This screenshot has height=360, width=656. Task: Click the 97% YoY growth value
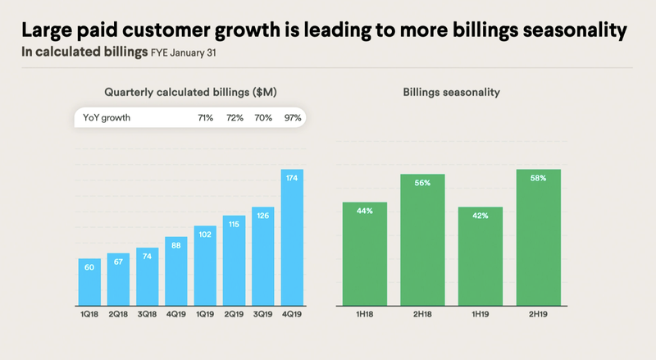(293, 118)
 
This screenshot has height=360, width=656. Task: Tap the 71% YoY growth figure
(205, 118)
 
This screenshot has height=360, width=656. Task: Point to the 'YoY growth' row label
(107, 118)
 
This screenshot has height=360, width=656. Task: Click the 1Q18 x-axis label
(89, 314)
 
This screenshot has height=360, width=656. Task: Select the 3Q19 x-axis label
(263, 314)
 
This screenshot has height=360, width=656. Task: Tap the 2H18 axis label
(422, 314)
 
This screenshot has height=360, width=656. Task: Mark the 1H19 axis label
(480, 314)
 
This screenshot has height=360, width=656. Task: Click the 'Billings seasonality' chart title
(451, 93)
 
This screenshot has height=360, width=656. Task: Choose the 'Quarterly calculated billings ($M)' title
(190, 93)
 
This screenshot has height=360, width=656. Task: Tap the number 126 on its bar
(263, 217)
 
